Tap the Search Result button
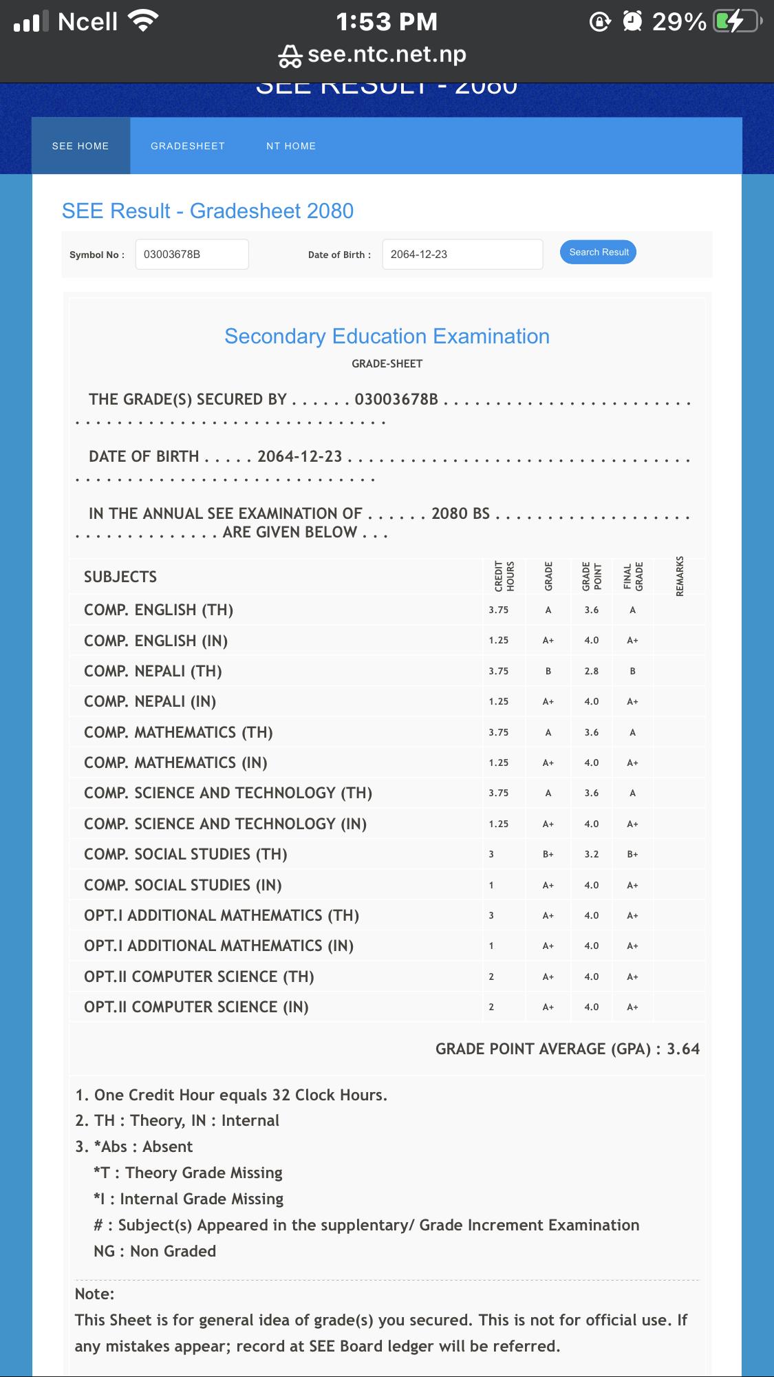[599, 252]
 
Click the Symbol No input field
[192, 255]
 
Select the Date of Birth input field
[462, 255]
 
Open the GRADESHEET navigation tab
[188, 146]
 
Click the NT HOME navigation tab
[291, 146]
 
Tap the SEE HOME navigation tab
[80, 146]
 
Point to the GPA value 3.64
[683, 1049]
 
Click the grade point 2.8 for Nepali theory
[592, 671]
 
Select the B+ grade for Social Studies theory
[548, 854]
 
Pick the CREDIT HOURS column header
[504, 577]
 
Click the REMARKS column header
[680, 577]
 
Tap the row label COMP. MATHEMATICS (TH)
[178, 732]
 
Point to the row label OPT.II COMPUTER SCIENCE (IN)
[196, 1007]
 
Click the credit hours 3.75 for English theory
[499, 610]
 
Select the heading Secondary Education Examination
[387, 337]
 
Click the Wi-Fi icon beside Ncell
[144, 22]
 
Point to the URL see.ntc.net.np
[387, 54]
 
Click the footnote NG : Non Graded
[155, 1251]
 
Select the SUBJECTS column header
[120, 577]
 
